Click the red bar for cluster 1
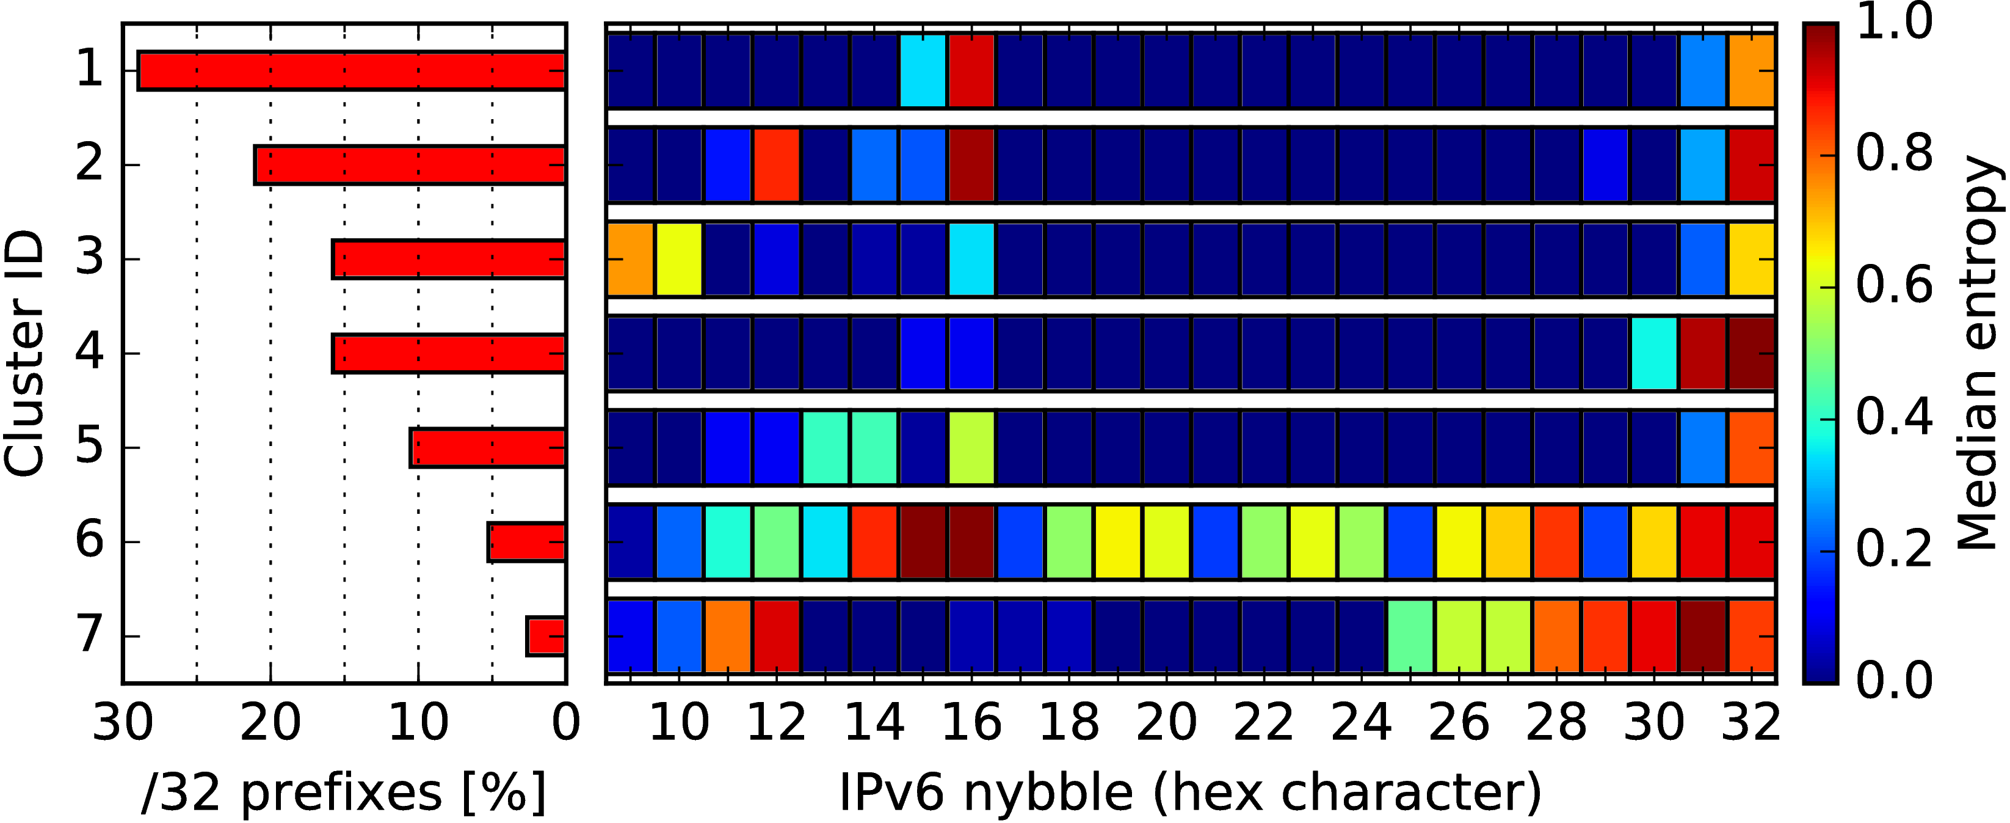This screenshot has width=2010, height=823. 351,70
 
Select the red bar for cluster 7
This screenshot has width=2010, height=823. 545,635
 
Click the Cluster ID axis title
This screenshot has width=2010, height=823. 23,353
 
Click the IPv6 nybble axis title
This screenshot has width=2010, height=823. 1191,792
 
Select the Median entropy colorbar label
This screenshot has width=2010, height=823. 1979,353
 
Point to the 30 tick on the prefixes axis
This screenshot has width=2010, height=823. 123,723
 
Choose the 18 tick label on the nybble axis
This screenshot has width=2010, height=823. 1069,723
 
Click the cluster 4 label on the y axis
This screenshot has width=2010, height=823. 89,353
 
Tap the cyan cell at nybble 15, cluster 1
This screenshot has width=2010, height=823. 923,70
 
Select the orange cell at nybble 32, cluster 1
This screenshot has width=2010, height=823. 1752,70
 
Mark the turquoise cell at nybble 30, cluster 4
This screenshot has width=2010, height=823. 1654,353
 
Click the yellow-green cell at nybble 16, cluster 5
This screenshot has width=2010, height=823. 971,447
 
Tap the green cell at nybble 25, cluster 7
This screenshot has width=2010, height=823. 1410,635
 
